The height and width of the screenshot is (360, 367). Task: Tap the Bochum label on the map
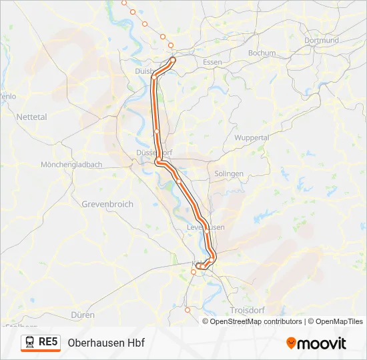click(262, 53)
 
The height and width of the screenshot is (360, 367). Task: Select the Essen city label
click(212, 62)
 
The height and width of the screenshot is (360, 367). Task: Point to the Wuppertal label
click(252, 137)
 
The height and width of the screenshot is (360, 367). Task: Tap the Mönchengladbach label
click(71, 165)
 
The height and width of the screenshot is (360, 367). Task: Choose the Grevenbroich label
click(107, 204)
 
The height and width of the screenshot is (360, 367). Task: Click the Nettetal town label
click(32, 117)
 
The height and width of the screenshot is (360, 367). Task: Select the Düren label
click(83, 315)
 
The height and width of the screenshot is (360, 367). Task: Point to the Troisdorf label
click(248, 311)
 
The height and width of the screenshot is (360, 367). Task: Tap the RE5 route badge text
click(48, 342)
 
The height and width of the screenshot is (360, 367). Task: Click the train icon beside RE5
click(30, 343)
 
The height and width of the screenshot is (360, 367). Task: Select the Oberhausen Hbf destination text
click(106, 343)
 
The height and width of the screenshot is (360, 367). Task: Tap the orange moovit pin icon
click(291, 343)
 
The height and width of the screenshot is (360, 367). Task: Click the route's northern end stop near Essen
click(173, 59)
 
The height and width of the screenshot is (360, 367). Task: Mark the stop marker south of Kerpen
click(188, 309)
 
